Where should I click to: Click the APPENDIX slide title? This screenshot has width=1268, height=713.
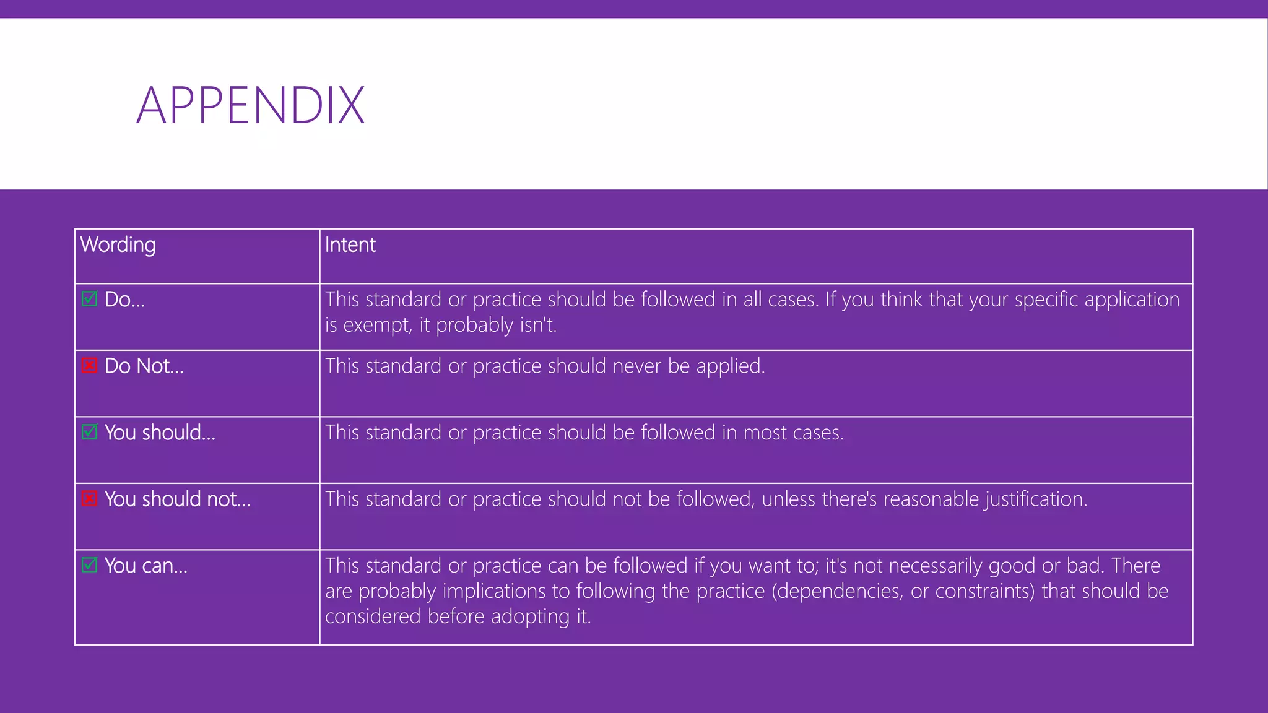[250, 106]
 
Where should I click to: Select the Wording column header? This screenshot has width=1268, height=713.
[118, 245]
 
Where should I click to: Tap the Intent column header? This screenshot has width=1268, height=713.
[350, 245]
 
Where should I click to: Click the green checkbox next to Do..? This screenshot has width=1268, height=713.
[90, 299]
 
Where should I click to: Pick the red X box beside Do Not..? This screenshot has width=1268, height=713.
[90, 366]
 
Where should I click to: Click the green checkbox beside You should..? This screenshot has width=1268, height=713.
[90, 432]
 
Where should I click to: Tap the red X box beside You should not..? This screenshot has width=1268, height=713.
[90, 498]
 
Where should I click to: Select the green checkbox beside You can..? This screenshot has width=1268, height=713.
[90, 565]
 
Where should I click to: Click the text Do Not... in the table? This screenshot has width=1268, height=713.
[144, 366]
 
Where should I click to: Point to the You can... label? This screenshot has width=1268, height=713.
[145, 566]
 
